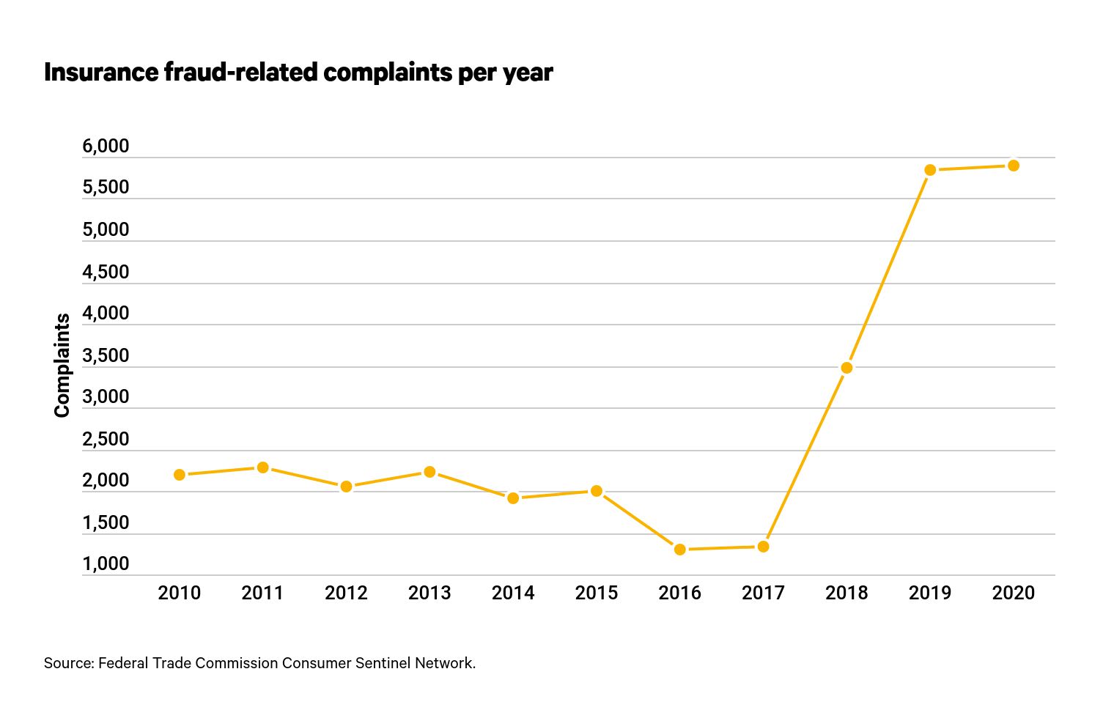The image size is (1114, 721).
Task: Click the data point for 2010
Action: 180,475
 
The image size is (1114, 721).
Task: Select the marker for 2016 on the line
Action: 680,550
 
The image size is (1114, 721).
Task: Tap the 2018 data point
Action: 846,368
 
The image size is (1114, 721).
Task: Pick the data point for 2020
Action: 1014,166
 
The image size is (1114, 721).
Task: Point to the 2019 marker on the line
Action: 930,170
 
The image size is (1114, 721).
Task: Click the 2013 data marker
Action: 429,472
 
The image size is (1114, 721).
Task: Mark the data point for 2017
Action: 763,547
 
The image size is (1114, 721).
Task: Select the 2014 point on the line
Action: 513,498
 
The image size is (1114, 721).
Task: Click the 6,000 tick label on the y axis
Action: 106,147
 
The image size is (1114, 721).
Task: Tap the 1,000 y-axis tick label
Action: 106,564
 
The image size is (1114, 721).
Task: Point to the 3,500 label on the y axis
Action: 106,356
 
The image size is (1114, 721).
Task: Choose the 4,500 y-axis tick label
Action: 106,273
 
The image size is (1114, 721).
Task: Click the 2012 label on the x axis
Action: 346,593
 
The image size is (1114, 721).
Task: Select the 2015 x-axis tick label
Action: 597,593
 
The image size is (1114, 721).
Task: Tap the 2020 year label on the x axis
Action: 1014,593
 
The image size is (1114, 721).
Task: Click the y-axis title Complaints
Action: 62,365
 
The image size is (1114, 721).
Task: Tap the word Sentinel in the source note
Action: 383,663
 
